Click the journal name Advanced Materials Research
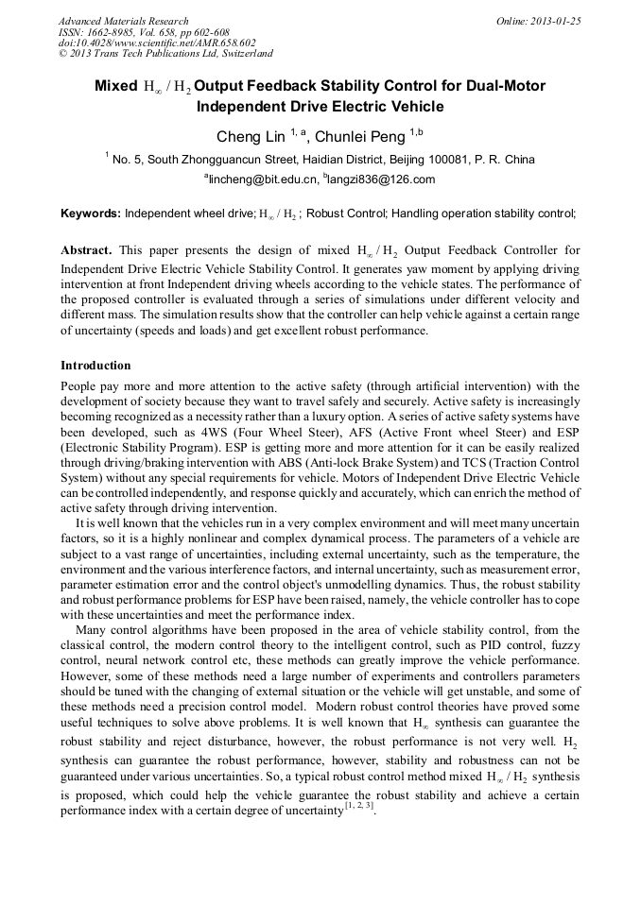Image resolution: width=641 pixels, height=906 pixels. (x=123, y=21)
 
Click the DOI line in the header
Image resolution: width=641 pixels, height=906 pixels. (x=157, y=43)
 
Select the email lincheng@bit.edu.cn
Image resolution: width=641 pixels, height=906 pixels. (x=262, y=179)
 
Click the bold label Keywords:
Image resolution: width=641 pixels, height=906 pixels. (x=91, y=214)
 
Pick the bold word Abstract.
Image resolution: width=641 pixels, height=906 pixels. (x=86, y=250)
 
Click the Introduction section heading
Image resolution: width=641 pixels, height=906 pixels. (x=95, y=366)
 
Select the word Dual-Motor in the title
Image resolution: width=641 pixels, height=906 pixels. (x=506, y=87)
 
